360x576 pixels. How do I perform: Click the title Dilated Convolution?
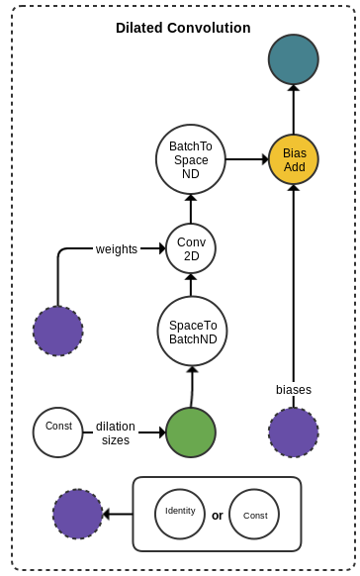[x=183, y=28]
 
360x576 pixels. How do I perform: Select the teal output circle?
[x=293, y=59]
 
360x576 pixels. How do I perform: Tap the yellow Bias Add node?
[x=294, y=159]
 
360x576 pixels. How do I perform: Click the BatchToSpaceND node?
[x=191, y=159]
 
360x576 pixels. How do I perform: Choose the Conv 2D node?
[x=191, y=248]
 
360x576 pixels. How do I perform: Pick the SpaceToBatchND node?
[x=192, y=332]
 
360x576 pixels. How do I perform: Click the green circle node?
[x=191, y=432]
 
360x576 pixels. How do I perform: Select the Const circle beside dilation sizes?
[x=58, y=432]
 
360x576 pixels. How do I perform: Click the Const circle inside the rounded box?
[x=254, y=515]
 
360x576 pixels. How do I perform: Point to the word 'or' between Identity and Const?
[x=217, y=516]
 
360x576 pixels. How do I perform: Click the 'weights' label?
[x=117, y=248]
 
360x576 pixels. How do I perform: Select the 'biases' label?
[x=294, y=389]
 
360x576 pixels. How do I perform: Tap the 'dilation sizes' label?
[x=116, y=432]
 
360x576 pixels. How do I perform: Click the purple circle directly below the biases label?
[x=294, y=432]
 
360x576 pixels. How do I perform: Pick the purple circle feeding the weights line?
[x=58, y=332]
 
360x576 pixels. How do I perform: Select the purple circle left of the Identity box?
[x=78, y=514]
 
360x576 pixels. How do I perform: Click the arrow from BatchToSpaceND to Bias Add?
[x=247, y=159]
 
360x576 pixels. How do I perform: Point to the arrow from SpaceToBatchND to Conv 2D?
[x=191, y=285]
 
